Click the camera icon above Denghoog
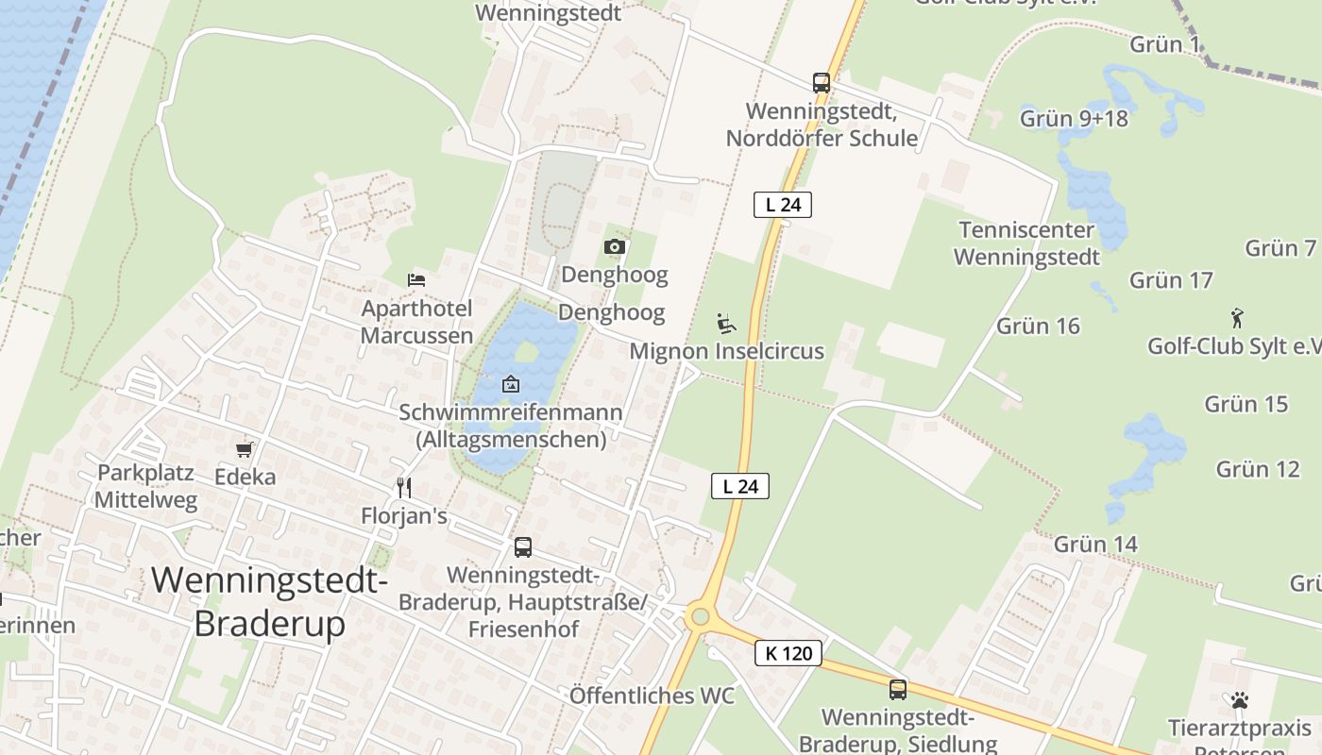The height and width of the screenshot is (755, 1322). point(615,247)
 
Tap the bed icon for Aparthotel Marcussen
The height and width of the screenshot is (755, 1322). point(416,279)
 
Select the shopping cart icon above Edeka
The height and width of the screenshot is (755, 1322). point(245,449)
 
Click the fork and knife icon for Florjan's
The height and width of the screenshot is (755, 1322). point(404,487)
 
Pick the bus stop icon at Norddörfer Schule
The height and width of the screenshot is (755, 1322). point(822,83)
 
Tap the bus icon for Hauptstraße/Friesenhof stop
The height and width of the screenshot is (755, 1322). point(522,546)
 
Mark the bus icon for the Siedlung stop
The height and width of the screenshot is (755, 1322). point(897,690)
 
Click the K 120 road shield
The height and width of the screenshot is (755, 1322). point(788,652)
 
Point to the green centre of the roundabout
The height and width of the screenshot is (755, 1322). point(700,617)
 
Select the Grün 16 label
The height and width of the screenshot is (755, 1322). point(1038,327)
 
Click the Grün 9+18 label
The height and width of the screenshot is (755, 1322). point(1074,119)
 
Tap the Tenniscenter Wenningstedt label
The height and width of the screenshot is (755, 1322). point(1026,243)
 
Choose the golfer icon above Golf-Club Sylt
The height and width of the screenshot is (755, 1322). point(1237,318)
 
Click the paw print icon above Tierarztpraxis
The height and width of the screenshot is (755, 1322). point(1239,700)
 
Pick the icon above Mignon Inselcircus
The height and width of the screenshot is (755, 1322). point(726,324)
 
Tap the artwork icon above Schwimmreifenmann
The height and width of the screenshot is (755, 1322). point(511,384)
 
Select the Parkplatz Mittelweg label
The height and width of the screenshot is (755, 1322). point(146,486)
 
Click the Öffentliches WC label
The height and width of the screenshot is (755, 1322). point(652,696)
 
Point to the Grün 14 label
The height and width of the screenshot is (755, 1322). point(1095,545)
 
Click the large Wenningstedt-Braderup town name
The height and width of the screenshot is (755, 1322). point(269,601)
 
